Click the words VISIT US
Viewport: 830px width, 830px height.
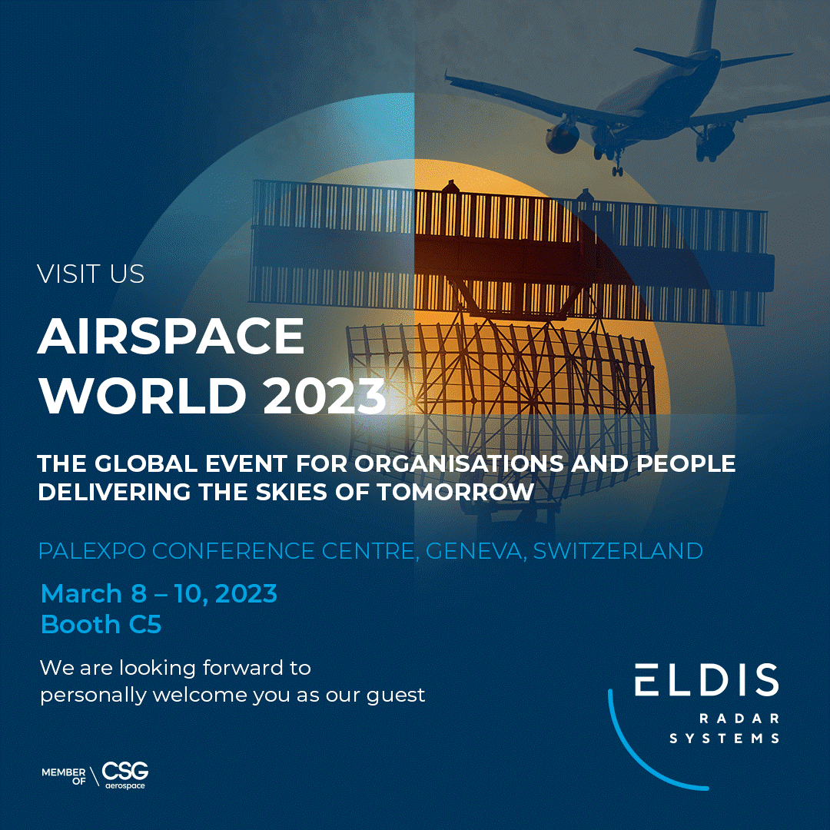[x=91, y=274]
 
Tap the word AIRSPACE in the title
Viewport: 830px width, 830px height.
[x=171, y=336]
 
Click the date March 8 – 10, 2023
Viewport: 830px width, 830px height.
[x=158, y=593]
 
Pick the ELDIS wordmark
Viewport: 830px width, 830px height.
[x=705, y=680]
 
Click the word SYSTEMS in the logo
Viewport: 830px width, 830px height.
[x=725, y=739]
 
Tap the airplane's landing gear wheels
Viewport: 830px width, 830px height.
[x=617, y=168]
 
